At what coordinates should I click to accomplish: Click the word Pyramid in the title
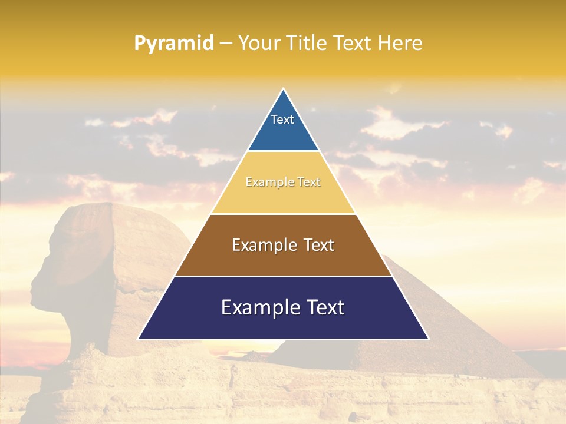point(173,44)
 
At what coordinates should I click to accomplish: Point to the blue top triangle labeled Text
point(283,127)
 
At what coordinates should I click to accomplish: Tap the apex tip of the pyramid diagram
point(284,90)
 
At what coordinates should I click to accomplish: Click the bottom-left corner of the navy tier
point(139,339)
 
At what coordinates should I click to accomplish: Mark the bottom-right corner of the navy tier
point(428,339)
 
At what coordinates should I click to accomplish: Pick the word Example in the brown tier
point(264,245)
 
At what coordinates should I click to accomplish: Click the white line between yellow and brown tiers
point(283,214)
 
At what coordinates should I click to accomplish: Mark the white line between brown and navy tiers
point(283,276)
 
